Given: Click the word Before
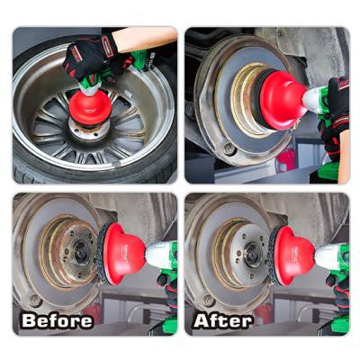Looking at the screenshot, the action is coord(57,320).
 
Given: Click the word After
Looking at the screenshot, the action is coord(223,320).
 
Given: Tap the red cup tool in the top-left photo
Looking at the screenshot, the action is coord(90,107).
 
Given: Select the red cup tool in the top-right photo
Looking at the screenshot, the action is coord(282,101).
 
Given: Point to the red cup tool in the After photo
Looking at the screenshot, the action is coord(293,256).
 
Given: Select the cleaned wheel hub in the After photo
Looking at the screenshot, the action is coord(244,253).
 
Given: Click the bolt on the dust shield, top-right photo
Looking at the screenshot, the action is coord(229,148).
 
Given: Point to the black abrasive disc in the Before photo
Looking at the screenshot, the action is coord(103,254).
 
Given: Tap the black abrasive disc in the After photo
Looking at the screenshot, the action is coord(274,256).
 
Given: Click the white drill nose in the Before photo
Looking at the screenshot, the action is coord(157,255).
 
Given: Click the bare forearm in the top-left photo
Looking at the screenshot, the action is coord(145,40).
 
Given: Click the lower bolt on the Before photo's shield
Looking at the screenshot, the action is coord(35,301).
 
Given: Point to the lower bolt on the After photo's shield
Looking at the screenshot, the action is coord(208,301).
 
